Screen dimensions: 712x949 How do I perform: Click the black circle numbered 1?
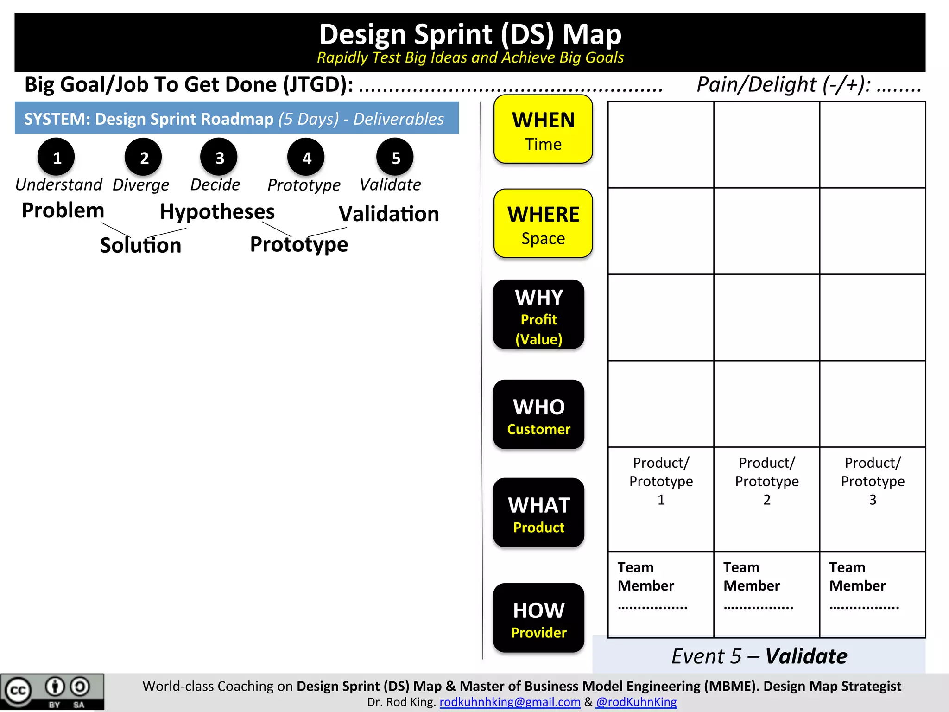(56, 157)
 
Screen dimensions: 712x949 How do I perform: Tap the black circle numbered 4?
(306, 157)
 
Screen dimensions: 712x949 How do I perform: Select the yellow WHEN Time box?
(543, 129)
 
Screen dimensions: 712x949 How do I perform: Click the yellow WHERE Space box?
(543, 223)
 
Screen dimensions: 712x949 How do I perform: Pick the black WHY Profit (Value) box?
(538, 315)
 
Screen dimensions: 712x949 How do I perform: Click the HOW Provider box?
(538, 618)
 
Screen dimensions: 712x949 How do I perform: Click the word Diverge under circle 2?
(141, 185)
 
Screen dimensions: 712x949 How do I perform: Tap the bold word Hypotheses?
(217, 212)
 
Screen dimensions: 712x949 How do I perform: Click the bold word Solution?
(140, 245)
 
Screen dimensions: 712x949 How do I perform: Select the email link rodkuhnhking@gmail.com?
(510, 702)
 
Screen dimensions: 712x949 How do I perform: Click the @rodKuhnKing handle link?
(636, 702)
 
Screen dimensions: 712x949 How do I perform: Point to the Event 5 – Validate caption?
(759, 656)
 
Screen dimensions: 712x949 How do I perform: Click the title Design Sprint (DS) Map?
(470, 35)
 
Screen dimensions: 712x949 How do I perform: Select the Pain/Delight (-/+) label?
(783, 85)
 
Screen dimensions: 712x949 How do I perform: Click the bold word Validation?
(389, 214)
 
